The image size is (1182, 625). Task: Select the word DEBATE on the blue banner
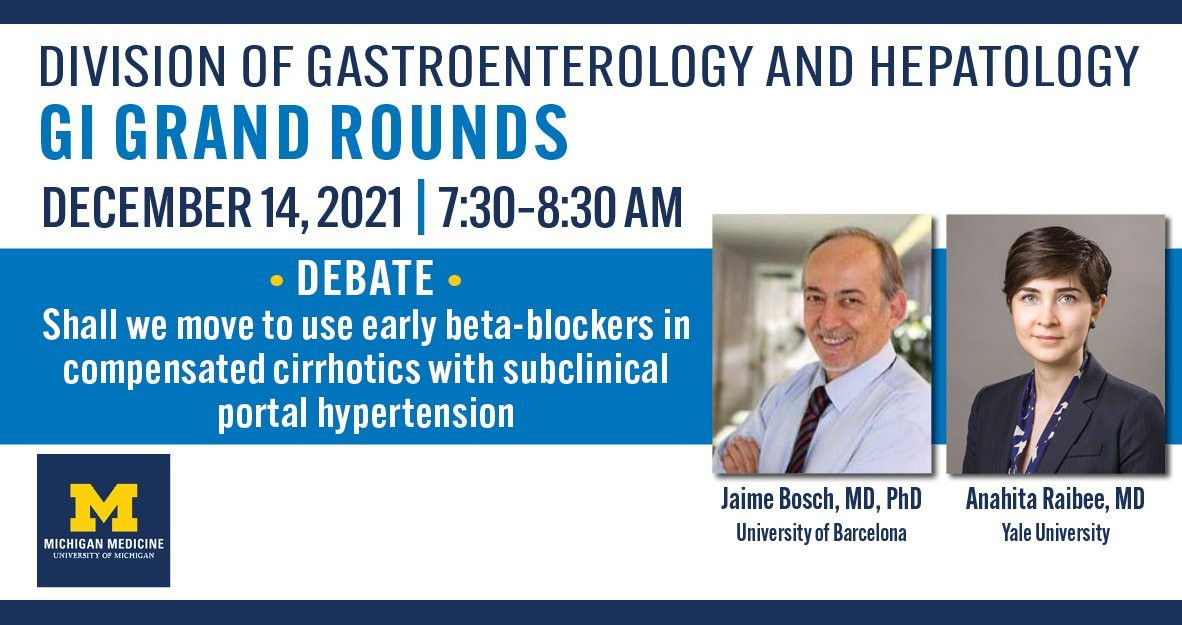click(x=366, y=279)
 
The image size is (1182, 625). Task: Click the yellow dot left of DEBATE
click(x=277, y=281)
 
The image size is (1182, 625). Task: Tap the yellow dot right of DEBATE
click(x=455, y=281)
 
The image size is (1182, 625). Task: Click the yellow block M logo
click(x=104, y=507)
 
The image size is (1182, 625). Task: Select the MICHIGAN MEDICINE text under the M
click(x=104, y=544)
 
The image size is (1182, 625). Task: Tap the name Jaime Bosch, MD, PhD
click(x=821, y=499)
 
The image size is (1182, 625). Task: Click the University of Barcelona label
click(x=821, y=534)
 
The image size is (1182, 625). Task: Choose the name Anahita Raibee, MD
click(x=1055, y=499)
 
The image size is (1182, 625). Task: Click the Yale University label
click(x=1055, y=534)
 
